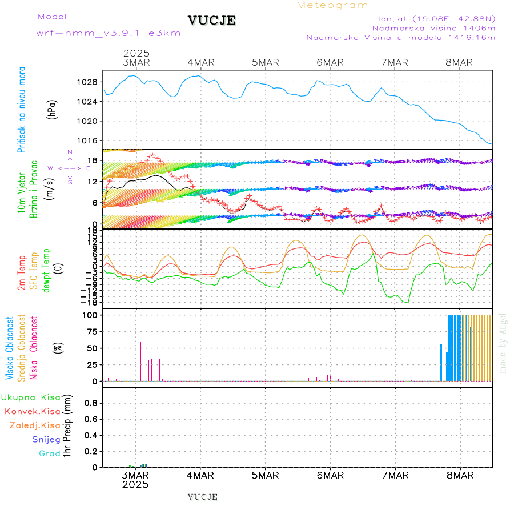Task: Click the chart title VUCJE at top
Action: pyautogui.click(x=211, y=21)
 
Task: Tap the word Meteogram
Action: pyautogui.click(x=332, y=5)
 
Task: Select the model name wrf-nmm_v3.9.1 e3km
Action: pyautogui.click(x=108, y=33)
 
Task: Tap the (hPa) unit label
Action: pyautogui.click(x=53, y=109)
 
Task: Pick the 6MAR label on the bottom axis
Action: pyautogui.click(x=330, y=475)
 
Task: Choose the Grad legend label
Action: pyautogui.click(x=49, y=453)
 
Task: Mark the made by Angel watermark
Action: pyautogui.click(x=503, y=343)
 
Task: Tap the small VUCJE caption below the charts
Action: pyautogui.click(x=202, y=496)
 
